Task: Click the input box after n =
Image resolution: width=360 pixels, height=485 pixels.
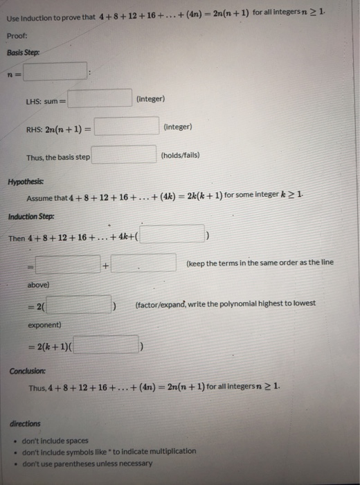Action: pos(55,71)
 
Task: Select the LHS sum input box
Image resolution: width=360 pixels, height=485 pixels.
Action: pos(100,100)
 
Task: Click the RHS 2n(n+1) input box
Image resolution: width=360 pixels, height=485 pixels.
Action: pos(127,127)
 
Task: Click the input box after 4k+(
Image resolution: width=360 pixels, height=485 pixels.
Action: pos(174,237)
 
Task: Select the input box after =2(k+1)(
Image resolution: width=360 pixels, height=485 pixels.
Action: pos(107,345)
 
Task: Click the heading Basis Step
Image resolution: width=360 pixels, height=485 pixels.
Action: pos(24,52)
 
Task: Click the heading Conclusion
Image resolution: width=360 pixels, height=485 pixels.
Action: pos(27,370)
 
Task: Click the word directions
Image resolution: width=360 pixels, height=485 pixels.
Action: pos(26,423)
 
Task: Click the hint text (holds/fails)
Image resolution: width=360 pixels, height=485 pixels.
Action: pos(179,155)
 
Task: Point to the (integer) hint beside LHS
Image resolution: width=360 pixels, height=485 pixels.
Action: pos(151,99)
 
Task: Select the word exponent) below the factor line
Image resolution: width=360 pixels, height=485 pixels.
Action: pos(45,324)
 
